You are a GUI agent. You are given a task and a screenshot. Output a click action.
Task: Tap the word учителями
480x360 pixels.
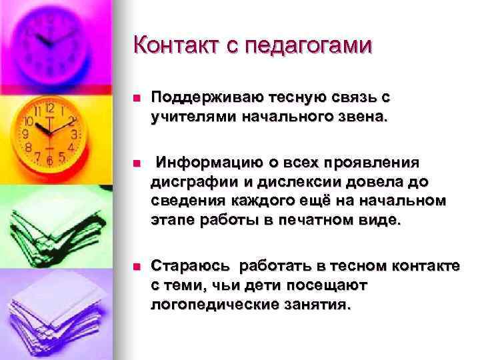point(186,117)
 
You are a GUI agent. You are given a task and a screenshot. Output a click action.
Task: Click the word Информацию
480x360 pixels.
point(211,164)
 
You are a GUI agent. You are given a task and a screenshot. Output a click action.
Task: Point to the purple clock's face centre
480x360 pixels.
point(50,40)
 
